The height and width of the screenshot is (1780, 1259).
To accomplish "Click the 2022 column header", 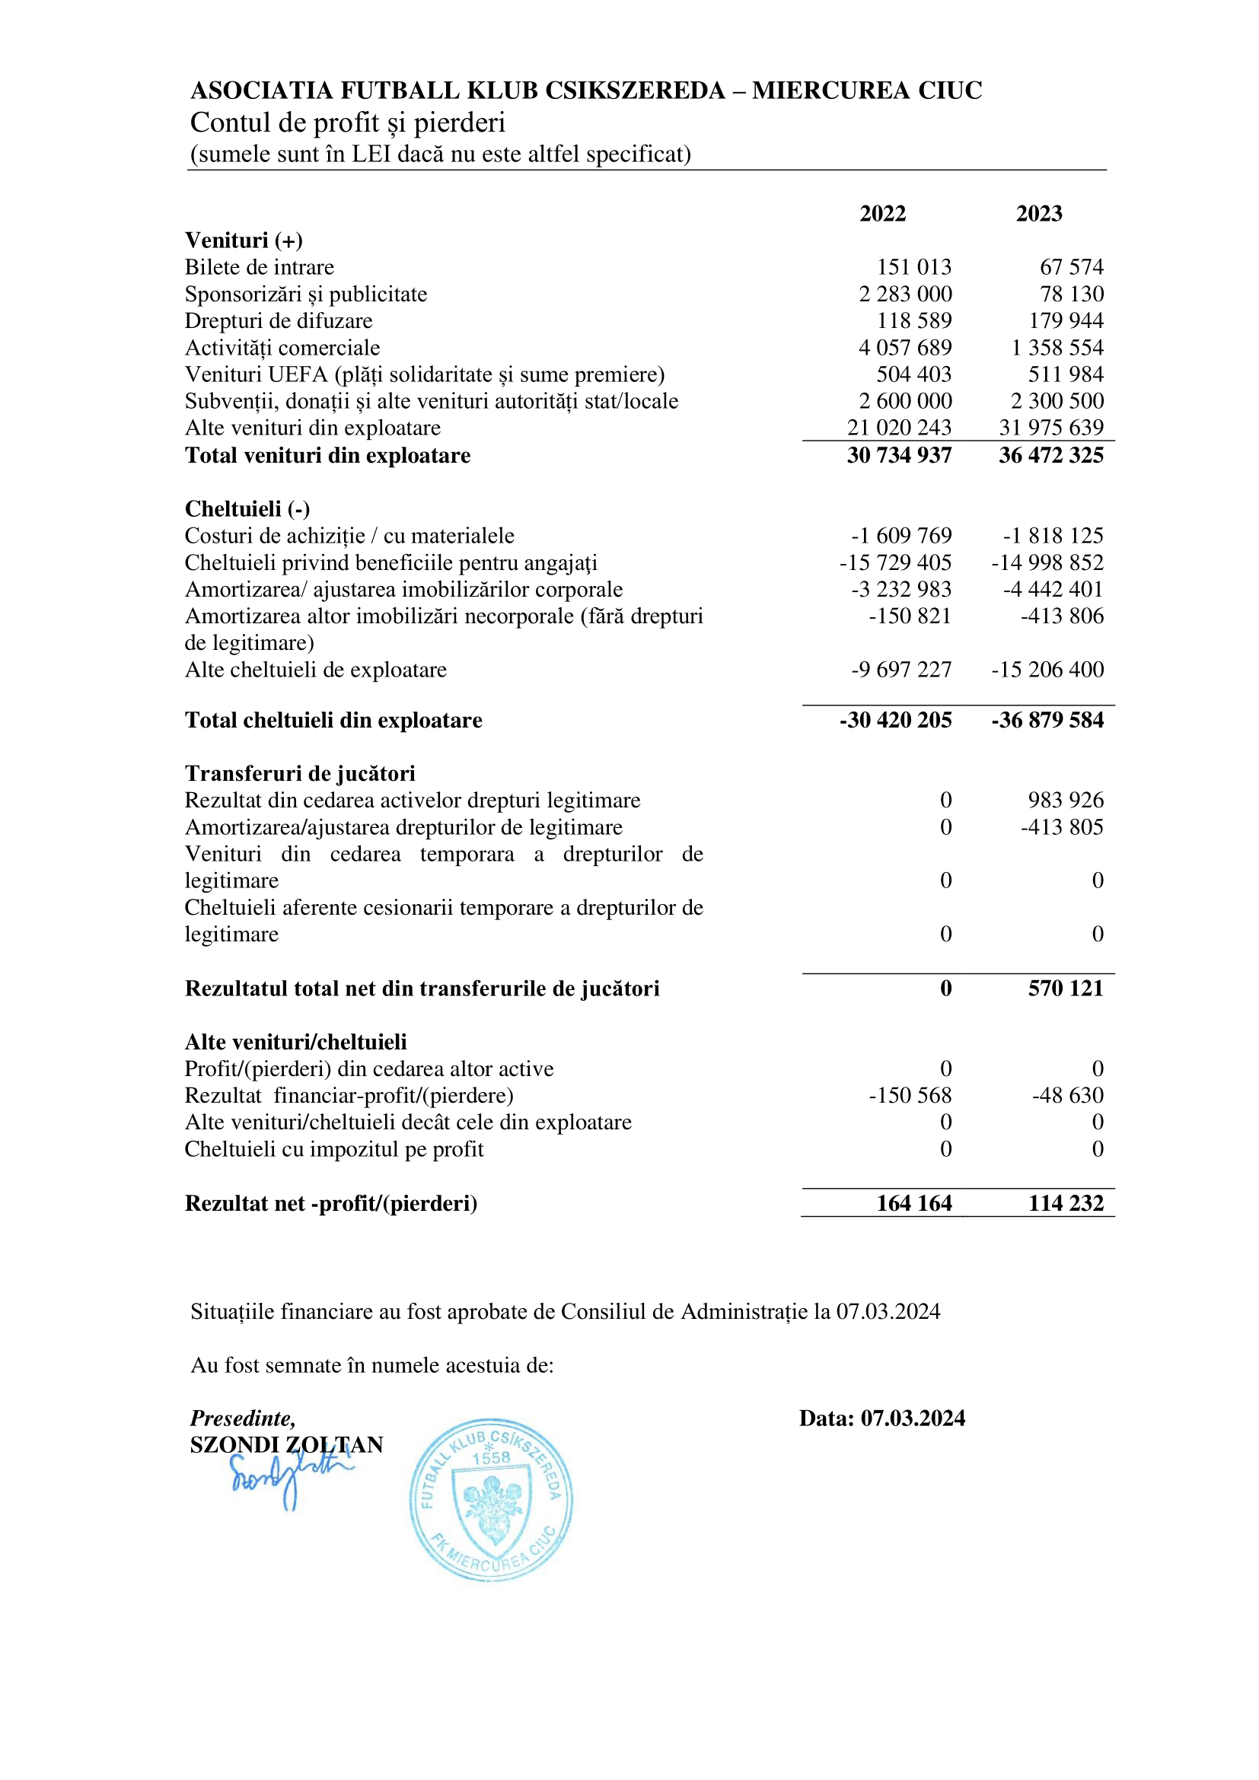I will (x=882, y=214).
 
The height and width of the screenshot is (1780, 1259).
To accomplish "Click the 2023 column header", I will (x=1039, y=214).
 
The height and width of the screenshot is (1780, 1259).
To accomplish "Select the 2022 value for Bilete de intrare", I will (x=914, y=267).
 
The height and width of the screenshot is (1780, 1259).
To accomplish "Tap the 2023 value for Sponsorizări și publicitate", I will (x=1072, y=295).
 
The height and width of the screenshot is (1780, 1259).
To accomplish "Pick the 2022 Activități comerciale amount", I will (x=905, y=348).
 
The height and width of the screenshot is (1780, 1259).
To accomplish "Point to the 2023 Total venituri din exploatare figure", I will (x=1050, y=456).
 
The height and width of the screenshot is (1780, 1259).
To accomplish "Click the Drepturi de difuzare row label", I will (x=279, y=321).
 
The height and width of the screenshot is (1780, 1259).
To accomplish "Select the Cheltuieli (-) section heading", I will (x=247, y=509).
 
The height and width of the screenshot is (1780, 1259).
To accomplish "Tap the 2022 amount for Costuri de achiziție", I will (x=900, y=537).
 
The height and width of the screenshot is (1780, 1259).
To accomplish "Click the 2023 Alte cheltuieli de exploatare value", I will (x=1047, y=670).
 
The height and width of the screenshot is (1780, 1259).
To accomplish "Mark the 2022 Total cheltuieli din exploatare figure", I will (x=895, y=720).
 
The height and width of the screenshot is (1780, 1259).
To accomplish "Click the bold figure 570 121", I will (x=1065, y=989).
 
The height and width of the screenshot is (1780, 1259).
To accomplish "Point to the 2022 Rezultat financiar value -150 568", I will (x=910, y=1096).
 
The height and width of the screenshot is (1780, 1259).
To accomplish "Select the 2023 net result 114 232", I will (x=1065, y=1203).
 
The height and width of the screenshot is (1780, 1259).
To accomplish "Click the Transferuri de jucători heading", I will (x=300, y=774).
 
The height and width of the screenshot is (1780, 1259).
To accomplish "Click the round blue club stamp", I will (x=491, y=1499).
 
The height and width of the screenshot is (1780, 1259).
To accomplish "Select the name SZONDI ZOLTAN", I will (x=287, y=1445).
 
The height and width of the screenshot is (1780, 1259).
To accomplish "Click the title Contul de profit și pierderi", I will (x=347, y=123).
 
